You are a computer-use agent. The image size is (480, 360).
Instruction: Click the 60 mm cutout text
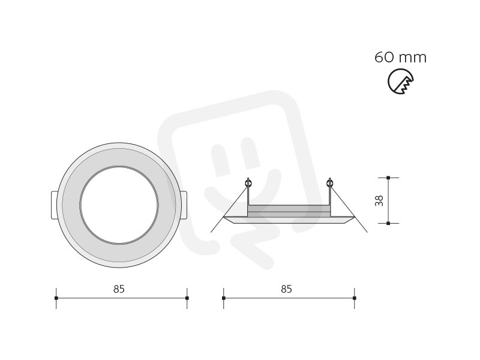coord(400,57)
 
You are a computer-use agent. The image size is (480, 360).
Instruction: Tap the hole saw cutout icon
coord(401,82)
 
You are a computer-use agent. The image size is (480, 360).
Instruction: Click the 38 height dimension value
coord(379,200)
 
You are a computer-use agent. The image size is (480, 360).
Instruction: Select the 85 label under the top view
coord(119,289)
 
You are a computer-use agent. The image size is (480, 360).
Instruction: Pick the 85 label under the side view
coord(287,289)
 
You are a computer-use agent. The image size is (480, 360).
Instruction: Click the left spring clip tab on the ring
coord(54,205)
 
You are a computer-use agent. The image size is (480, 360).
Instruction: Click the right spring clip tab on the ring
coord(184,205)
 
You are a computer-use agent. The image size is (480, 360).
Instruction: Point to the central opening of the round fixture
coord(119,205)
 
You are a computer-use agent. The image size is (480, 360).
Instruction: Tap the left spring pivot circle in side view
coord(248,184)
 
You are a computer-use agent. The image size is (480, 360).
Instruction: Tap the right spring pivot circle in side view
coord(329,184)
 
